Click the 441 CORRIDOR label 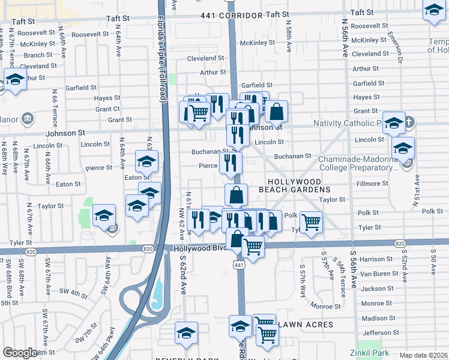tap(232, 14)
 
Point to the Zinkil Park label tap(370, 353)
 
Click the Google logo tap(20, 353)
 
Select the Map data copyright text tap(423, 355)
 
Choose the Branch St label tap(38, 55)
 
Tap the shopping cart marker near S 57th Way tap(311, 222)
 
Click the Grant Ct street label tap(107, 109)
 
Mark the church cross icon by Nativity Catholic tap(408, 122)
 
